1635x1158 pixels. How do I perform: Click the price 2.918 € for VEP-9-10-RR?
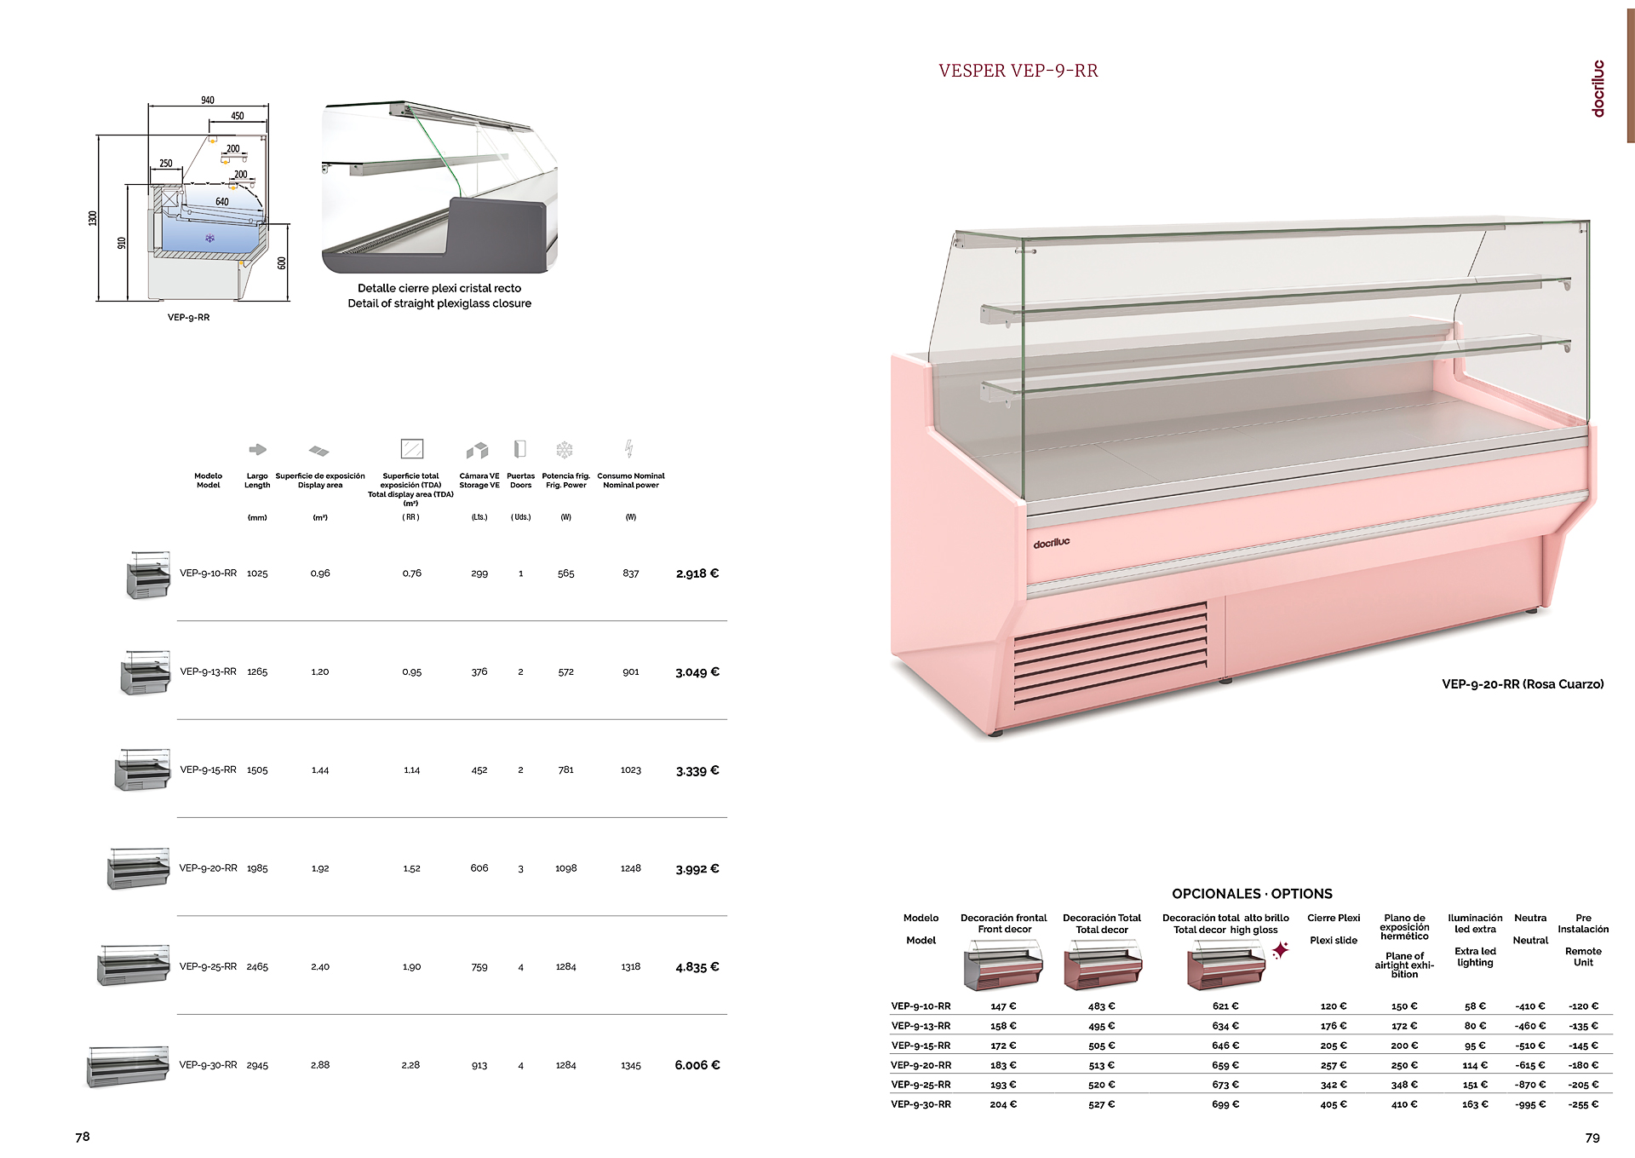coord(697,573)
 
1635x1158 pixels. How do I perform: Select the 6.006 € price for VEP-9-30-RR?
coord(697,1065)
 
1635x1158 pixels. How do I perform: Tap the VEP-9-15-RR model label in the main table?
coord(209,769)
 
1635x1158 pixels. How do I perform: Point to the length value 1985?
coord(257,868)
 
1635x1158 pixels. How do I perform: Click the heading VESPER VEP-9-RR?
coord(1018,71)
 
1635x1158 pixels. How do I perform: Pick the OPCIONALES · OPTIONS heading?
coord(1252,894)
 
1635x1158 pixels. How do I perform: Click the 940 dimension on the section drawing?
coord(208,101)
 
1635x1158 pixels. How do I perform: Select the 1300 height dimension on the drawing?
coord(93,218)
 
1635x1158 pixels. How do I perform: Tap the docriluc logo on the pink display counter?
coord(1052,543)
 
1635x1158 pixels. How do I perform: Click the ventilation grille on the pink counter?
coord(1110,653)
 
